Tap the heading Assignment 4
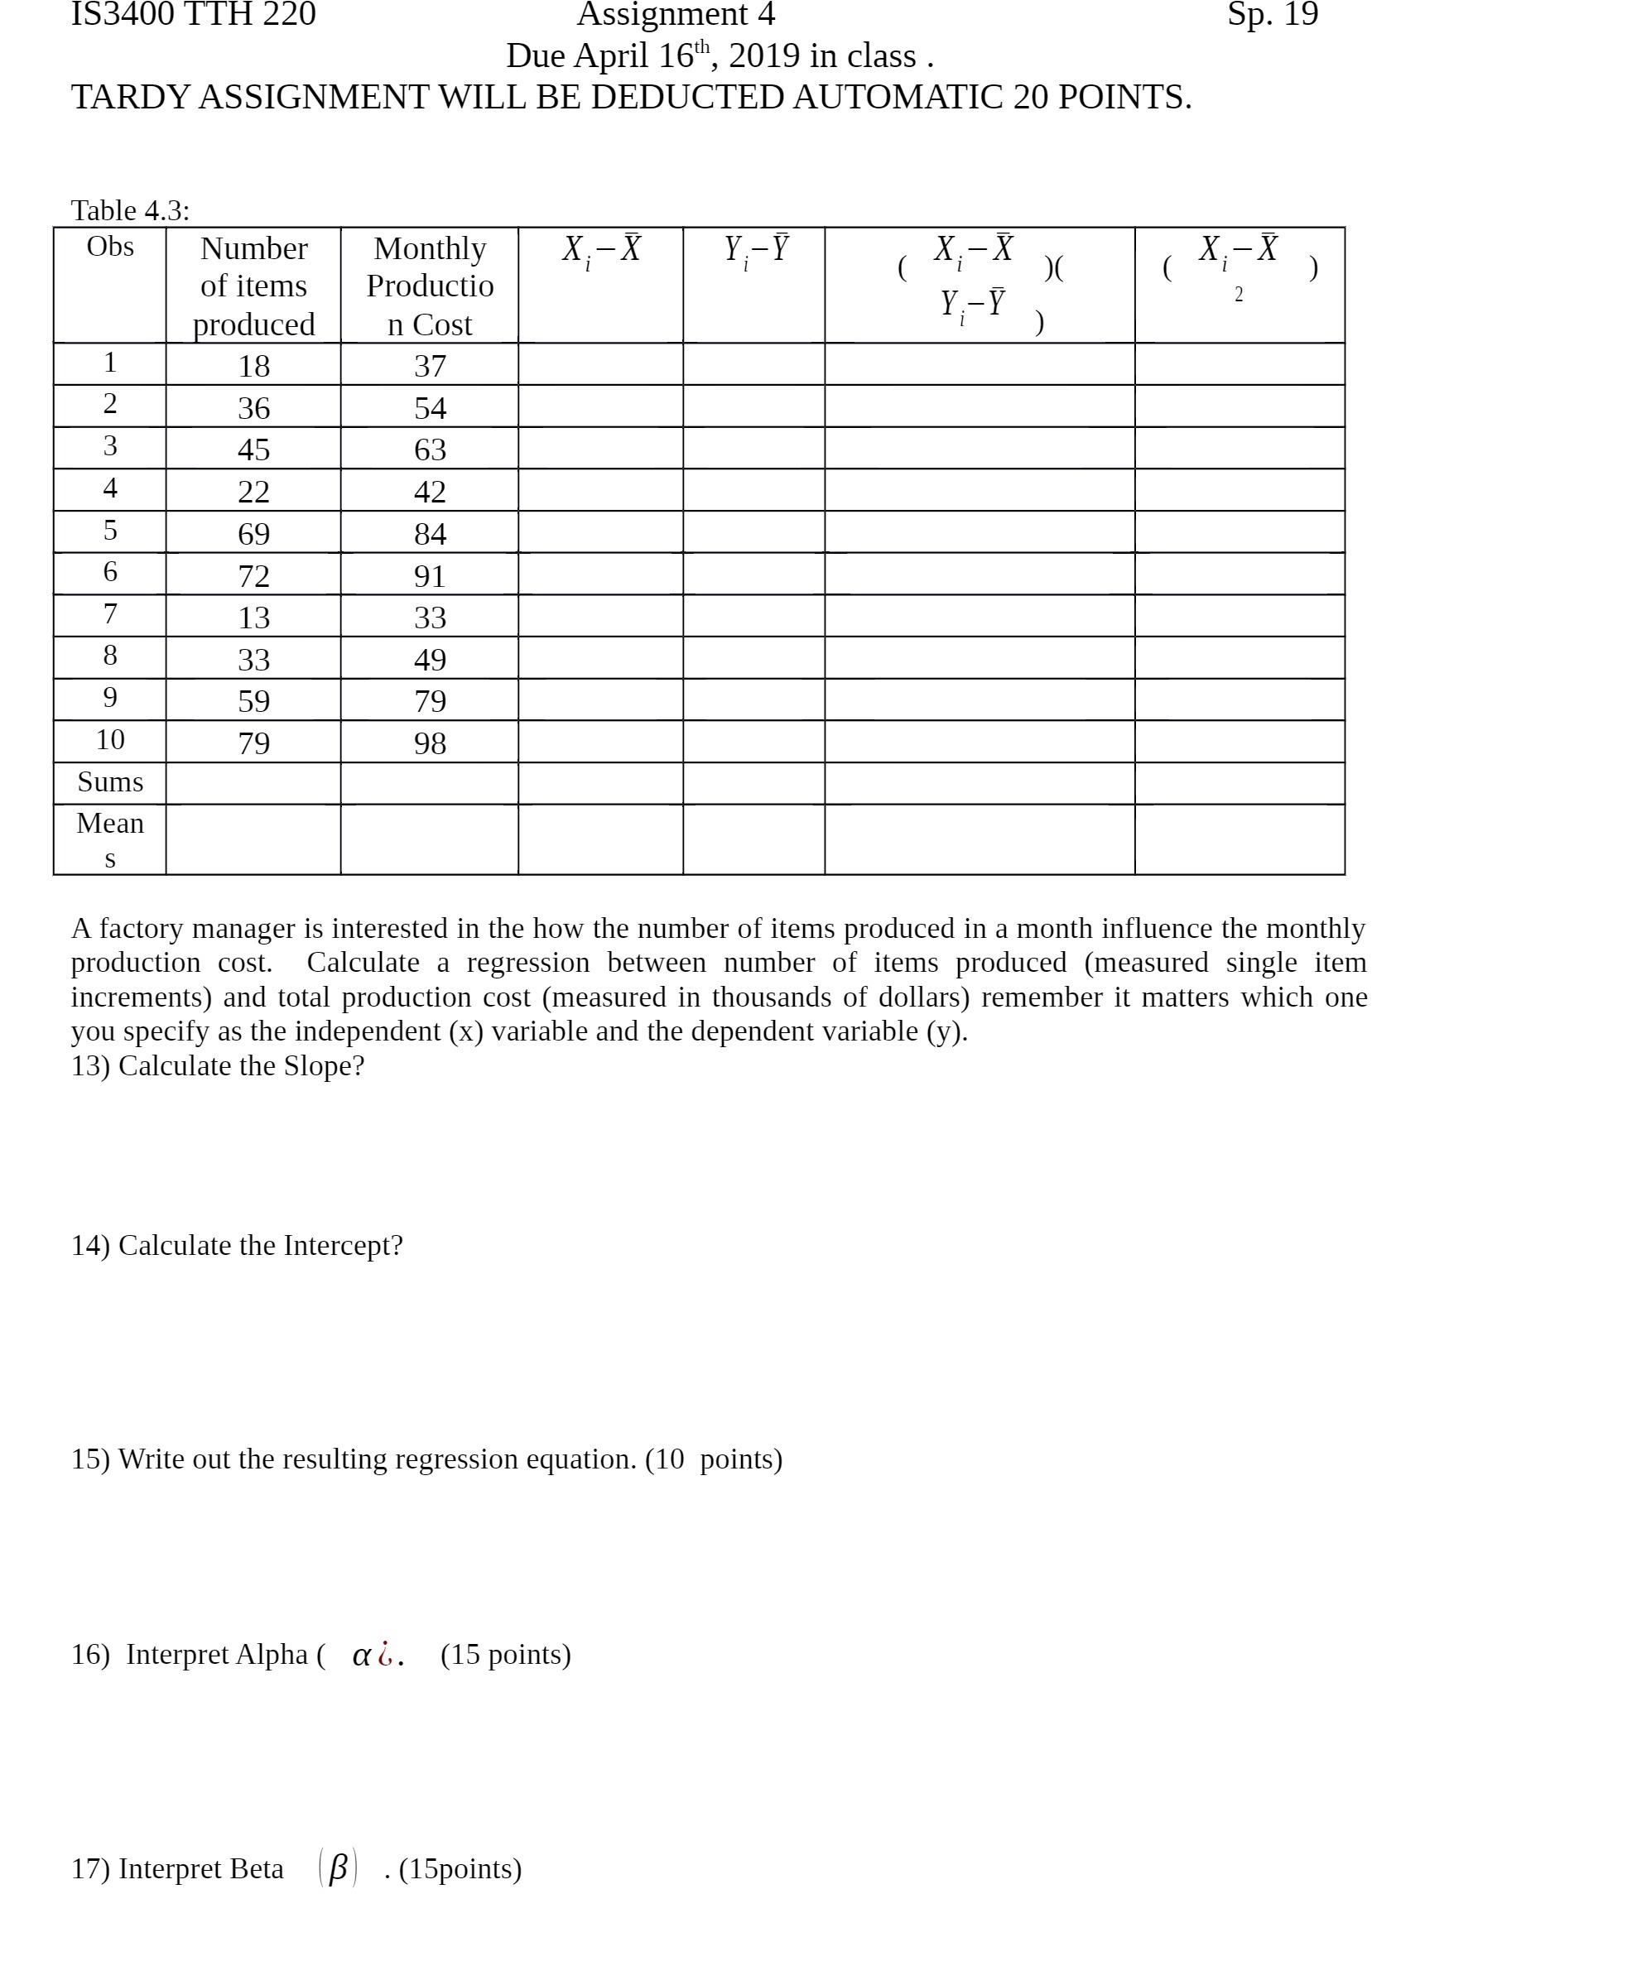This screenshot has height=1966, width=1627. pos(676,15)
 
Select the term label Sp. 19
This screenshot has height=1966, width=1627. pos(1272,15)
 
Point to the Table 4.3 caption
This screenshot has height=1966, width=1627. pos(130,210)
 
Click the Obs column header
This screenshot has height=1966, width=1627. pos(109,248)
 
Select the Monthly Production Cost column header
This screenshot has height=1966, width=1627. pos(430,286)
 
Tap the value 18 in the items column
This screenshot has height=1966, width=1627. pos(254,366)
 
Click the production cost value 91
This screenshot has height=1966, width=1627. pos(430,576)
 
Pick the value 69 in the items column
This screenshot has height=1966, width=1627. pos(254,534)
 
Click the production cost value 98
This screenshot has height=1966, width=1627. pos(430,743)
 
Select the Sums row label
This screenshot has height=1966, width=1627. pos(109,781)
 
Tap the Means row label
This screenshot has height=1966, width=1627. pos(109,839)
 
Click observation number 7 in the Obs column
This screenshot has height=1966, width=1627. pos(109,614)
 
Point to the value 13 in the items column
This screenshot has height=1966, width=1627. pos(254,618)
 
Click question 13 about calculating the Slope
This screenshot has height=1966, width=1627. pos(217,1065)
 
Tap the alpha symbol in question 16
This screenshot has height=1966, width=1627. pos(362,1656)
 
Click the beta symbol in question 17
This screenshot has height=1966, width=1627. pos(338,1867)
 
